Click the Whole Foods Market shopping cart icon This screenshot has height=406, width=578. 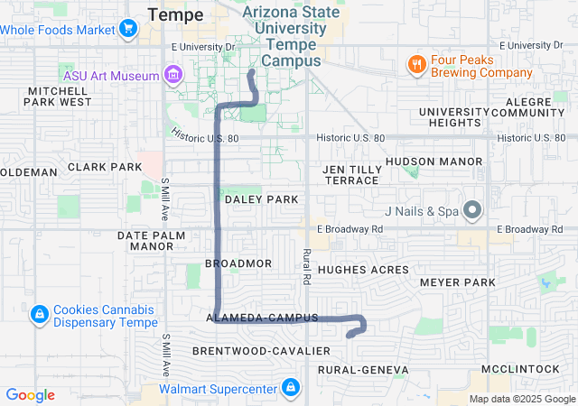[x=128, y=29]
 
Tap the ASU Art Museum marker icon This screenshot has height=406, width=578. [x=172, y=72]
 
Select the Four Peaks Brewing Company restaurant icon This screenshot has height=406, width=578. [x=416, y=64]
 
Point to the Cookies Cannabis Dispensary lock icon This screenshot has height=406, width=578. [x=39, y=315]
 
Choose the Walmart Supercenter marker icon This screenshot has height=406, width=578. [x=290, y=389]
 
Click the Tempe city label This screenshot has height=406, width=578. [x=175, y=14]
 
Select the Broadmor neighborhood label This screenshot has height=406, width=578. [x=238, y=263]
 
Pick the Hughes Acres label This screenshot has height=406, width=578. [x=364, y=270]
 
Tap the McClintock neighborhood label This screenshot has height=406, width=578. [x=521, y=370]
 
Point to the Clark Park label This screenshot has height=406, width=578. [x=105, y=168]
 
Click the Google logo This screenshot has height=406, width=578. [x=31, y=395]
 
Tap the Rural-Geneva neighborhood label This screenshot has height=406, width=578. [x=363, y=370]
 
